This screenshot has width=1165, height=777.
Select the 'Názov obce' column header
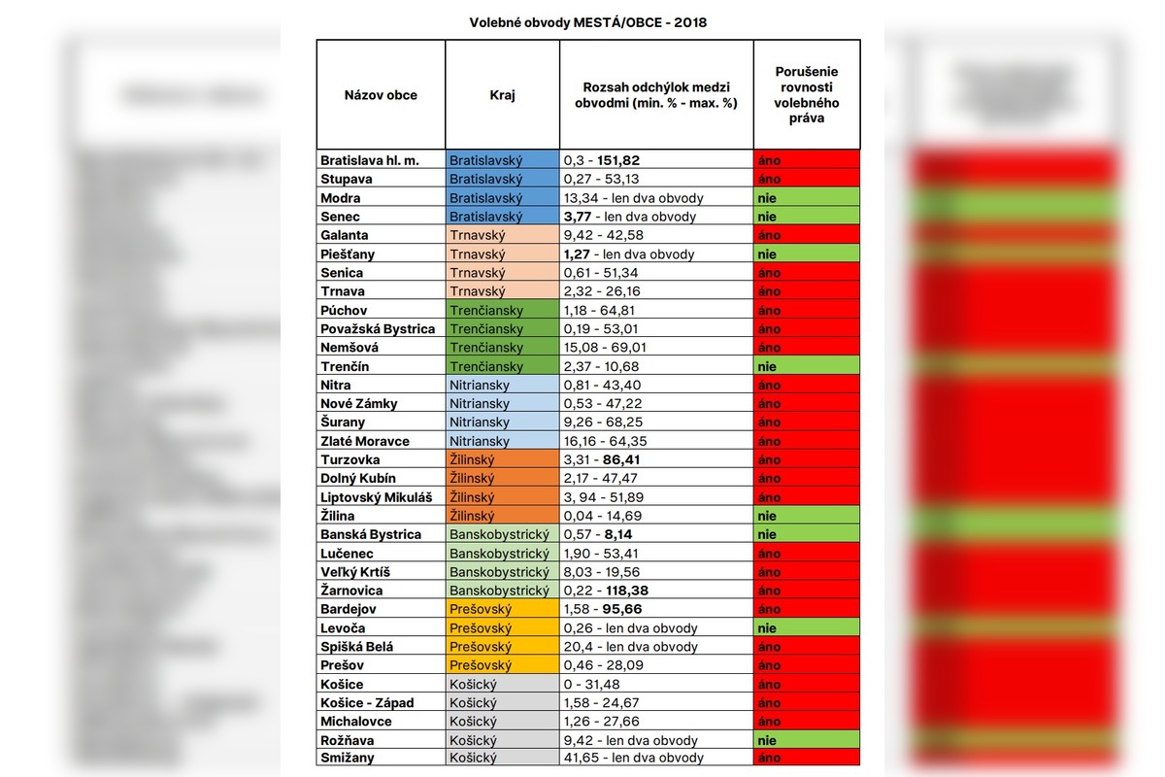tap(381, 95)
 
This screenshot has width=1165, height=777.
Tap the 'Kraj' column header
tap(502, 95)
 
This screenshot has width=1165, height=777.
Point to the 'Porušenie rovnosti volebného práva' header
tap(807, 94)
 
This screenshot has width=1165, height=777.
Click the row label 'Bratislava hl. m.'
tap(369, 160)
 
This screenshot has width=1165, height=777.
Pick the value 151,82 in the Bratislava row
tap(618, 160)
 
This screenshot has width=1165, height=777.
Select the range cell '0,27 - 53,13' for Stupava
tap(603, 179)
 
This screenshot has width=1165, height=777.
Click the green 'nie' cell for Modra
tap(806, 198)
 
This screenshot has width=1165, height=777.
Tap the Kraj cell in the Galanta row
tap(502, 235)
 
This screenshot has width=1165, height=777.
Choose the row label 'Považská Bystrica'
tap(378, 328)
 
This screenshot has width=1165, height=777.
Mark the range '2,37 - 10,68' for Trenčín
tap(603, 366)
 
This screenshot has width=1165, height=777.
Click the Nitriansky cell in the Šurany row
tap(502, 422)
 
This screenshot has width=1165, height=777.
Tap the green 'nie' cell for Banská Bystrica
tap(806, 534)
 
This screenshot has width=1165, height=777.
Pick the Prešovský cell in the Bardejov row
tap(502, 609)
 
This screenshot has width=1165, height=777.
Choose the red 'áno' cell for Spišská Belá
tap(806, 647)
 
